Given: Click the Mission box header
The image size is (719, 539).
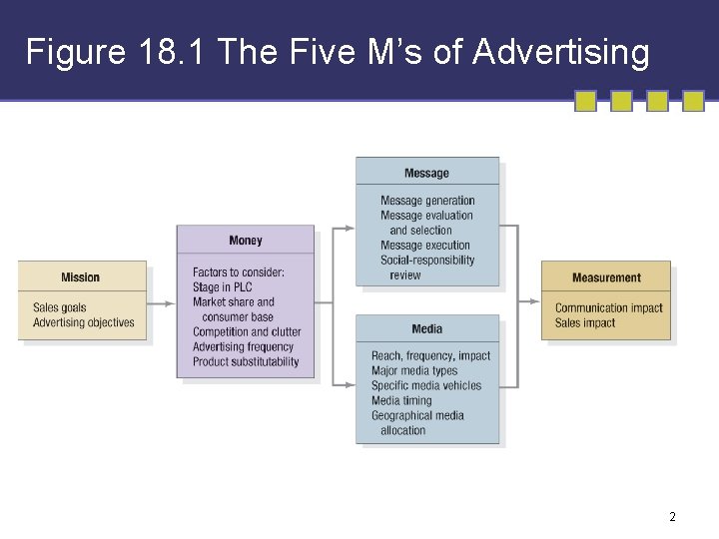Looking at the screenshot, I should (x=81, y=277).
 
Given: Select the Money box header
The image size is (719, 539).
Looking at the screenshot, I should (x=246, y=241).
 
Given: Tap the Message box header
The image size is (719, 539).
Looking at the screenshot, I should (x=426, y=174).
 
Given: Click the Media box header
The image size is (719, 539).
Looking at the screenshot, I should (x=426, y=329).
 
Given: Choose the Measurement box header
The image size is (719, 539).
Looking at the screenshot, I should (x=606, y=277).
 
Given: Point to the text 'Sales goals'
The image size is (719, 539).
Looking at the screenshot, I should (x=60, y=307).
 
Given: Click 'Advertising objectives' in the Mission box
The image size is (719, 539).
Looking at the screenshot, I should (x=83, y=322).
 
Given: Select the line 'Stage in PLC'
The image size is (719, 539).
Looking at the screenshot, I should (x=223, y=287).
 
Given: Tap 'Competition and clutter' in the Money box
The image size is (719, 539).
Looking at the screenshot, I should (x=247, y=332).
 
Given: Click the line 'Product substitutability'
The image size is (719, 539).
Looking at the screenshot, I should (x=246, y=362).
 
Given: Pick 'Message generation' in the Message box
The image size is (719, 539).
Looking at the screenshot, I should (x=427, y=201).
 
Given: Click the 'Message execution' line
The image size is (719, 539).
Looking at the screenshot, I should (x=424, y=246).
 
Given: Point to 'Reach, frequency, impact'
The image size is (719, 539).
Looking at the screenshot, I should (x=430, y=356).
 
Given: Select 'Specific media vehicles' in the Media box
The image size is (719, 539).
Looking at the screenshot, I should (x=426, y=386).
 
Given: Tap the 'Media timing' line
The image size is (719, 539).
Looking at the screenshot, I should (x=401, y=401).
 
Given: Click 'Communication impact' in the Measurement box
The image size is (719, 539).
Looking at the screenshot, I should (x=609, y=308).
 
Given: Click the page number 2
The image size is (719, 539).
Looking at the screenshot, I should (x=672, y=517).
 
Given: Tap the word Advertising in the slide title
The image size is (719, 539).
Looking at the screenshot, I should (x=561, y=52).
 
